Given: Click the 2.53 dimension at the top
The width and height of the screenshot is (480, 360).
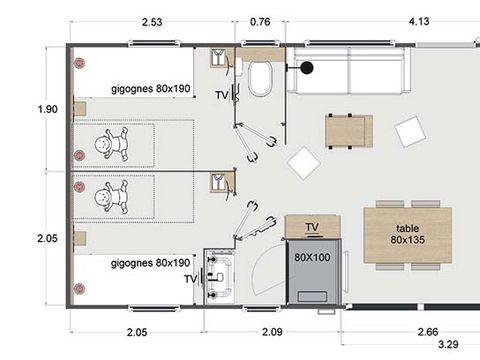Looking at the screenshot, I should click(153, 20).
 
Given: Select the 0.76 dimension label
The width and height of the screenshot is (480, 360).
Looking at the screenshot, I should click(259, 20).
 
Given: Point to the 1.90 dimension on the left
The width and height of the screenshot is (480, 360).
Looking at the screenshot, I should click(46, 110).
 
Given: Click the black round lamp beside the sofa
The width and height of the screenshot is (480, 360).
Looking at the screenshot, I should click(307, 69).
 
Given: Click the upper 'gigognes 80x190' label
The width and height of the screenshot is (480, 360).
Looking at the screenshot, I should click(151, 89).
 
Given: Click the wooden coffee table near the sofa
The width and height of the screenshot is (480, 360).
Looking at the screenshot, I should click(349, 129).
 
